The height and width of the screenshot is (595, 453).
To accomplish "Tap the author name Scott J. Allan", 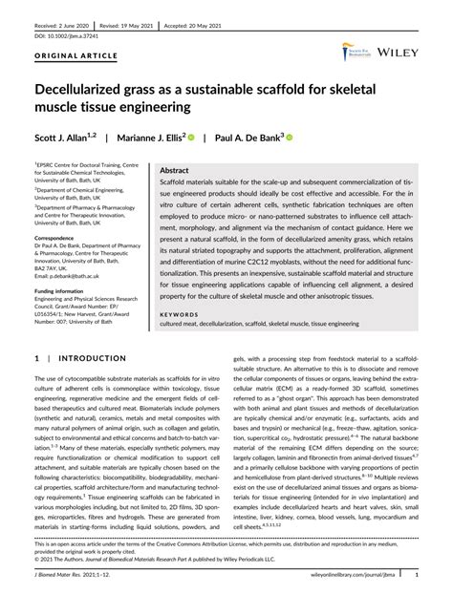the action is pos(63,138).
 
